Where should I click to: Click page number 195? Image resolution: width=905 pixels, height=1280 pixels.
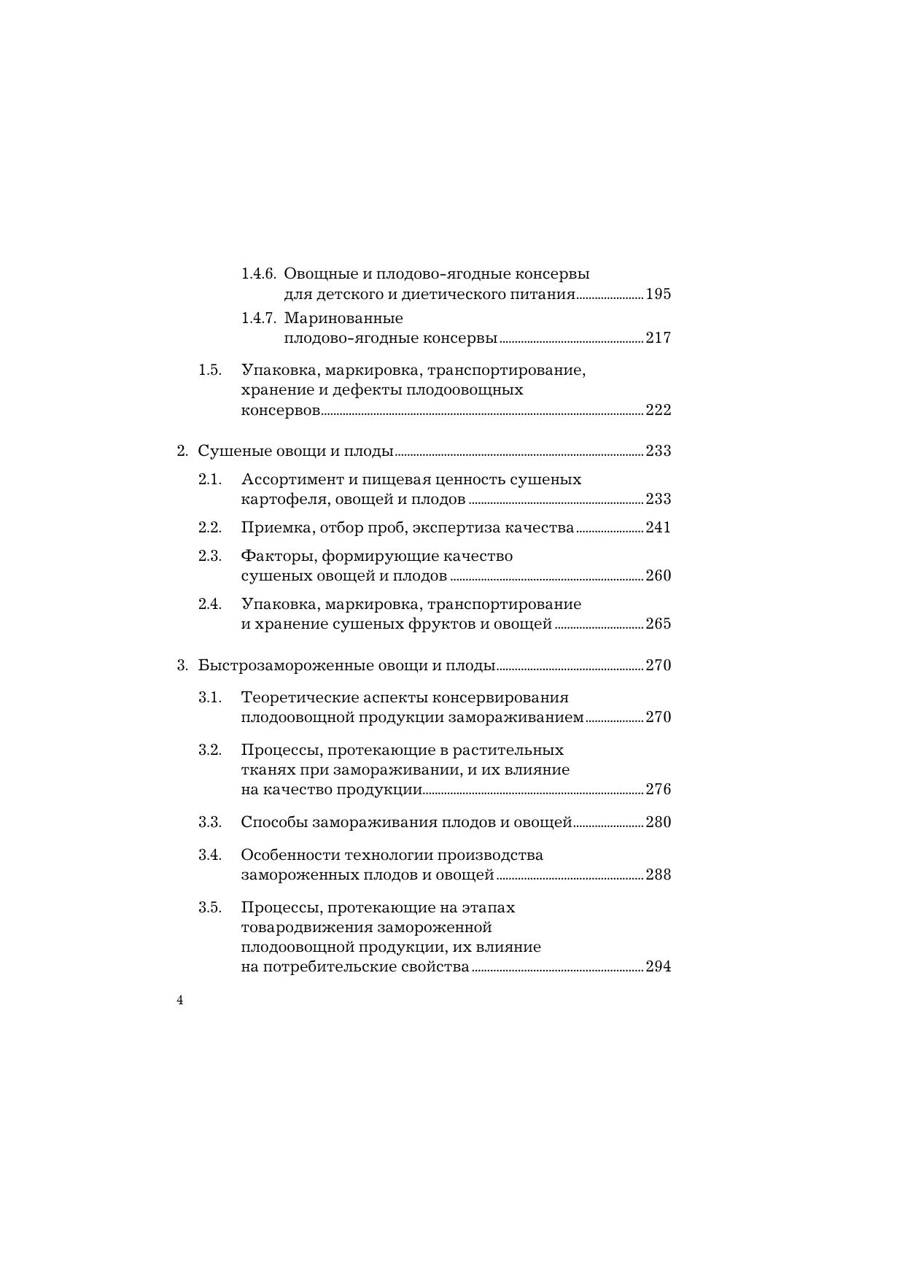[x=658, y=295]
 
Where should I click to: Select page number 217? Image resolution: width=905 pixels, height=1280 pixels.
[x=658, y=338]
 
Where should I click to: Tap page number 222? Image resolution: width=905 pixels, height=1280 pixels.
[x=658, y=410]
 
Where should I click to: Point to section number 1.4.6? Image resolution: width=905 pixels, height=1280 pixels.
[x=258, y=274]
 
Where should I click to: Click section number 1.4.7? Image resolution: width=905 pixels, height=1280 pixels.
[x=258, y=319]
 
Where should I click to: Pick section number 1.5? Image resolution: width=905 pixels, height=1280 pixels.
[x=209, y=370]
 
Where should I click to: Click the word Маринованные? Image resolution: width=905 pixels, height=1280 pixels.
[x=343, y=319]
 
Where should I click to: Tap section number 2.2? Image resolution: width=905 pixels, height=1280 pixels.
[x=209, y=527]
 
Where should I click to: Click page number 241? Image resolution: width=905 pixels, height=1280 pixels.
[x=658, y=528]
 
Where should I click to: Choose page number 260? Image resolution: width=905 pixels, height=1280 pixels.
[x=658, y=576]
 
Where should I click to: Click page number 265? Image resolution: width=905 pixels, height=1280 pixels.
[x=658, y=624]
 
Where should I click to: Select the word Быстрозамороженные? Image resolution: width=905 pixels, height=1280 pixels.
[x=286, y=666]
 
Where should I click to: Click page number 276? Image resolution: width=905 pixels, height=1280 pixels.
[x=658, y=790]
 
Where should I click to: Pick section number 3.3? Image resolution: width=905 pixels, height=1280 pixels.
[x=209, y=822]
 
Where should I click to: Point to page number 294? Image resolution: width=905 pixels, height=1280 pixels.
[x=658, y=968]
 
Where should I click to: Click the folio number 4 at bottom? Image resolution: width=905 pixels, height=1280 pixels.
[x=180, y=1001]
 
